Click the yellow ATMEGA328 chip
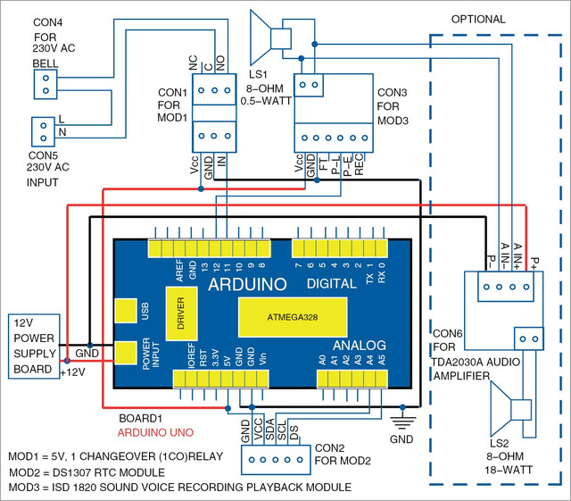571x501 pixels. click(x=293, y=317)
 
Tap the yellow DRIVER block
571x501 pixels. click(x=181, y=313)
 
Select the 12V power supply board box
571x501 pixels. click(x=34, y=346)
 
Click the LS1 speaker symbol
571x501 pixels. click(x=270, y=38)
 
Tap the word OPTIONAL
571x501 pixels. click(x=478, y=20)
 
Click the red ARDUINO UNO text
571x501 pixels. click(x=155, y=433)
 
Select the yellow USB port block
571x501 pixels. click(x=126, y=311)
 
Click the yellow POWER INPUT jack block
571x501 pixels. click(x=126, y=353)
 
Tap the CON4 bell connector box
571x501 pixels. click(x=46, y=84)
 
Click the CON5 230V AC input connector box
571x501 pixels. click(x=43, y=131)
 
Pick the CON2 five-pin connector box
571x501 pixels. click(x=276, y=460)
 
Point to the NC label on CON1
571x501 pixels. click(x=193, y=63)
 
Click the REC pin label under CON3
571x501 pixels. click(x=359, y=164)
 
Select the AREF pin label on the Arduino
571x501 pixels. click(x=180, y=271)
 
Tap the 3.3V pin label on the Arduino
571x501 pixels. click(x=215, y=357)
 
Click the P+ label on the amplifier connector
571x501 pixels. click(x=535, y=263)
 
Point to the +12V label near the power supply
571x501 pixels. click(x=73, y=372)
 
